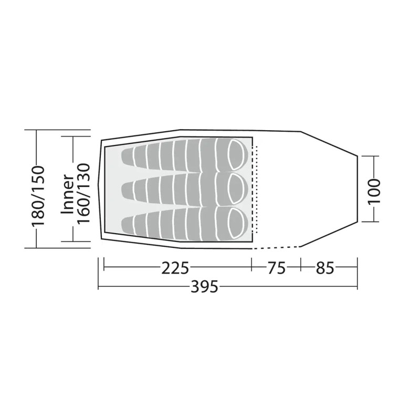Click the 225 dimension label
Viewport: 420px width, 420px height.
click(175, 268)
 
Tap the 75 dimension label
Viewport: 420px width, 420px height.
click(277, 268)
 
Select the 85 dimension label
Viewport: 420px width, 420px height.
click(325, 268)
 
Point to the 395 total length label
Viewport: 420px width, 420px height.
click(205, 287)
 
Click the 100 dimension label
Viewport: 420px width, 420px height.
click(374, 191)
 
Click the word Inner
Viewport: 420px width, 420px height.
click(67, 194)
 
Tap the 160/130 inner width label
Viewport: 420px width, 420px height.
click(83, 193)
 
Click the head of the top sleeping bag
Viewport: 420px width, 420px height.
click(237, 154)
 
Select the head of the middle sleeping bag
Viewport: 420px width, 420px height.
click(237, 189)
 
